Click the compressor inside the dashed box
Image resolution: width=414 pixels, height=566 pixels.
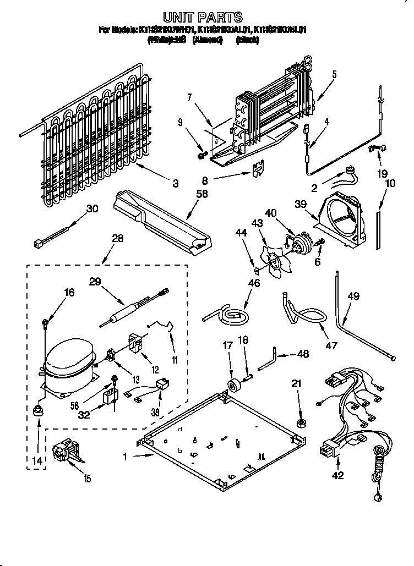click(x=69, y=366)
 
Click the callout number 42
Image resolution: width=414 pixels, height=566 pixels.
click(x=337, y=476)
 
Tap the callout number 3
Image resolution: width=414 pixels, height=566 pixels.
click(x=175, y=184)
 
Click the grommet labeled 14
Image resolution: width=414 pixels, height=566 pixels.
click(x=39, y=410)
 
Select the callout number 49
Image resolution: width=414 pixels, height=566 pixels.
click(x=353, y=296)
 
